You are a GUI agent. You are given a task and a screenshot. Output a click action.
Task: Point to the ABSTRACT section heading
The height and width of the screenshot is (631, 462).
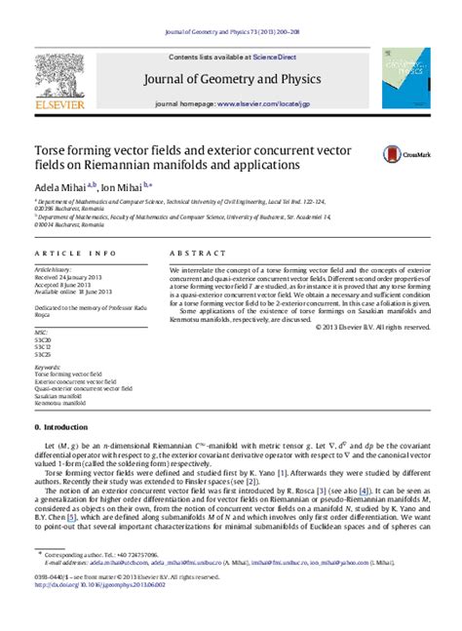(x=194, y=252)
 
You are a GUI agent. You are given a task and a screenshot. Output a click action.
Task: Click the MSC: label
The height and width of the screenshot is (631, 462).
(x=43, y=332)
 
